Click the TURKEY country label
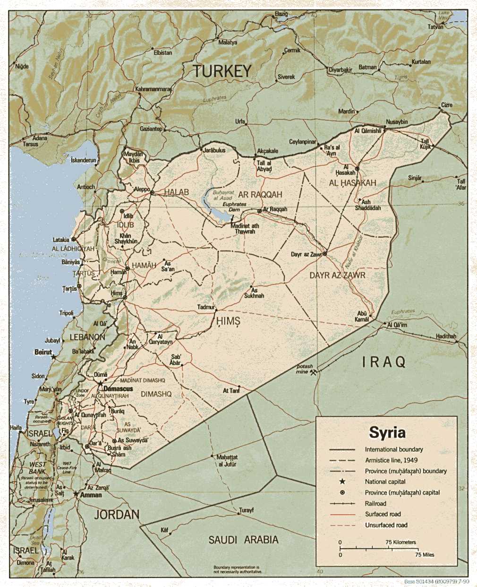tap(222, 71)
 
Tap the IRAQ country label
tap(384, 363)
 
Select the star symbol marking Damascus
tap(100, 383)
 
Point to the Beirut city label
tap(43, 352)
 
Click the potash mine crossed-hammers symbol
tap(313, 371)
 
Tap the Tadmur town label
tap(206, 307)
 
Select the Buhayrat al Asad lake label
tap(223, 195)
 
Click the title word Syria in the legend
tap(387, 432)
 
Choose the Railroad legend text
tap(375, 503)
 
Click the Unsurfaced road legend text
tap(386, 525)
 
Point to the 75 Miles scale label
tap(425, 554)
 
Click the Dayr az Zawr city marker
tap(324, 253)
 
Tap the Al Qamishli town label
tap(368, 131)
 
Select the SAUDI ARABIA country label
tap(243, 540)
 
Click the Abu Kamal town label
tap(362, 316)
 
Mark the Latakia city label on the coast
tap(61, 240)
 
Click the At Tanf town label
tap(231, 391)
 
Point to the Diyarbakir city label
tap(341, 69)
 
